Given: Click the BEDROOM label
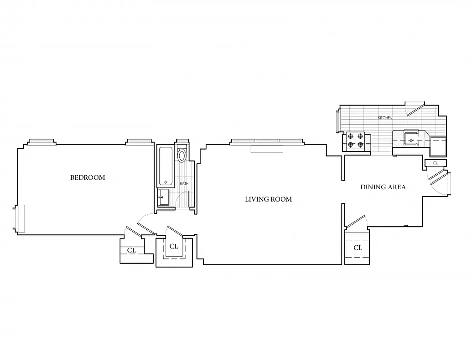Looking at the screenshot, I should click(88, 177).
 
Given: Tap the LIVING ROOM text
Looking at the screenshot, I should click(268, 199).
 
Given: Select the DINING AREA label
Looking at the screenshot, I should click(383, 187).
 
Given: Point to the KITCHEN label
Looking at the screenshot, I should click(385, 118).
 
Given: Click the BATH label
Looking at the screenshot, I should click(184, 184).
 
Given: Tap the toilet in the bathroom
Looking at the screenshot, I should click(182, 155).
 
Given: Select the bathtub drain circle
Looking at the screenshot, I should click(165, 182).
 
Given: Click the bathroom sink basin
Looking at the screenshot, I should click(164, 197).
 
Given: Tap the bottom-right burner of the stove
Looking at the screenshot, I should click(360, 145).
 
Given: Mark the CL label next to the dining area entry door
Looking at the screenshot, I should click(436, 163).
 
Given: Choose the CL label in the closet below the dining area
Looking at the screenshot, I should click(358, 248).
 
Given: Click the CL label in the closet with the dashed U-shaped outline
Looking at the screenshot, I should click(174, 247).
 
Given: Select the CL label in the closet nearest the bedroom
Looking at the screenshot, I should click(131, 250).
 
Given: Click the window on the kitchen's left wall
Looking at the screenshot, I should click(338, 121).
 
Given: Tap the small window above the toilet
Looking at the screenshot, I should click(182, 142).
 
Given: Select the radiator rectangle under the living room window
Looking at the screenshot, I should click(267, 149).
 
